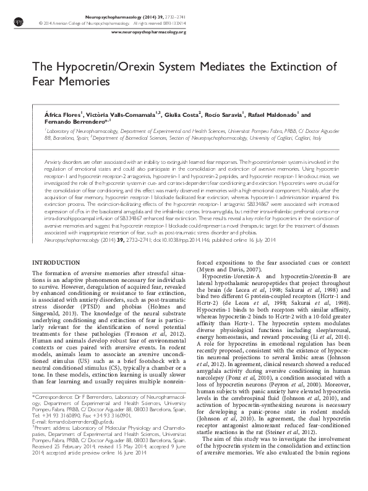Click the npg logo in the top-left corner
click(17, 21)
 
